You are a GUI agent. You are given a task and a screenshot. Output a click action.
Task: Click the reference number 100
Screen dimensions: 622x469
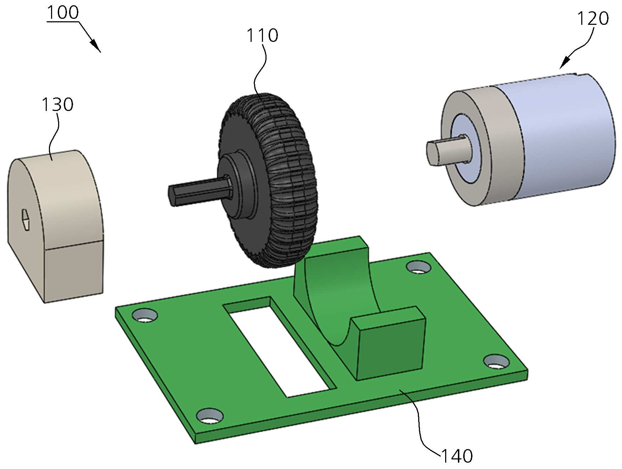coord(62,13)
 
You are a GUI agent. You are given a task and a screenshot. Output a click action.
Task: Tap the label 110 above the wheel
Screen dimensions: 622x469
coord(262,35)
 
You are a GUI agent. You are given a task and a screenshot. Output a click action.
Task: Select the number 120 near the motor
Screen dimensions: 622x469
coord(593,18)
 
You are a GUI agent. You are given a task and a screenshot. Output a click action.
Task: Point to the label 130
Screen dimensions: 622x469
coord(57,105)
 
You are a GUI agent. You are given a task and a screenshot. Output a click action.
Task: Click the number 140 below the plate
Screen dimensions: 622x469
coord(457,456)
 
